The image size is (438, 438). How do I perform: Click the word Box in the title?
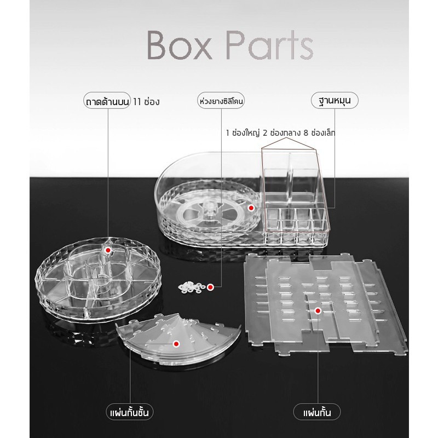pos(179,45)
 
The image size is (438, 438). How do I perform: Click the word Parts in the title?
pos(269,45)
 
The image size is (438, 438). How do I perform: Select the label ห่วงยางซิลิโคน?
pos(221,101)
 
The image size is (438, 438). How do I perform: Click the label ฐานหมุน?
pos(335,100)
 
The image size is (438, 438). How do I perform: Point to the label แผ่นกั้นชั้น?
pos(130,412)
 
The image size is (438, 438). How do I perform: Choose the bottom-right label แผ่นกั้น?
pos(317,412)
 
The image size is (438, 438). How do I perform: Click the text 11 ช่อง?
pos(146,101)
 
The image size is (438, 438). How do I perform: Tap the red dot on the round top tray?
pos(108,251)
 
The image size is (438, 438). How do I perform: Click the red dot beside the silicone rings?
pos(210,287)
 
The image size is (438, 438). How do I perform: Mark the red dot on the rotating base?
pos(251,208)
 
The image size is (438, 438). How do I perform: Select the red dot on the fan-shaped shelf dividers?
pos(176,344)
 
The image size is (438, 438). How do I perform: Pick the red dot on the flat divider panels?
pos(318,310)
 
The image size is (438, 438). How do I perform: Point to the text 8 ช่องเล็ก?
pos(319,132)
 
